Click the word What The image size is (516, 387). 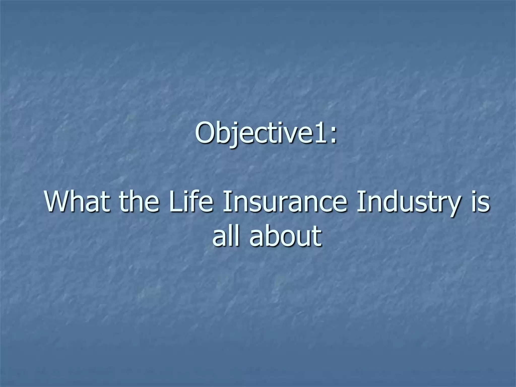(78, 202)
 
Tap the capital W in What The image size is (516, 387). (59, 202)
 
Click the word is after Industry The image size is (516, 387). (480, 202)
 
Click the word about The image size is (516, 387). (286, 236)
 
